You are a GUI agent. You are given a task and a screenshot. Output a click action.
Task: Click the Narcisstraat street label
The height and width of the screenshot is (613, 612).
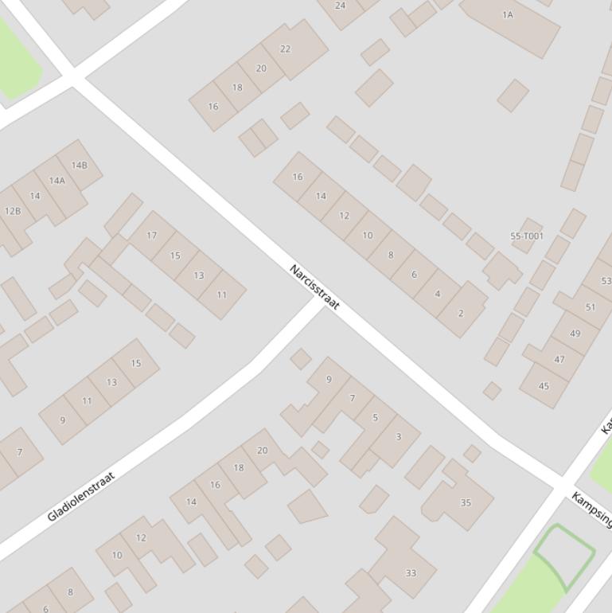[314, 287]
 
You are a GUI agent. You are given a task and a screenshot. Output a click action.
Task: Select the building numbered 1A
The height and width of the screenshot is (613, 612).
[508, 15]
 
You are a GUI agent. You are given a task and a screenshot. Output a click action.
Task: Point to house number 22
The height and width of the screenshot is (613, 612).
[285, 49]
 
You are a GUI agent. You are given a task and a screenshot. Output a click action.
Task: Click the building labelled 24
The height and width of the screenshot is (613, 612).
[341, 6]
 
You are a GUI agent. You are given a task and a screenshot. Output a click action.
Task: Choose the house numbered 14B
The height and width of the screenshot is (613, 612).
[79, 166]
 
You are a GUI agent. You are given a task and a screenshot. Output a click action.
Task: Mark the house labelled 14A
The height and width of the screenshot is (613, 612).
[57, 181]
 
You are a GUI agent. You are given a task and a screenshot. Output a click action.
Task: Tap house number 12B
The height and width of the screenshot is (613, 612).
[13, 211]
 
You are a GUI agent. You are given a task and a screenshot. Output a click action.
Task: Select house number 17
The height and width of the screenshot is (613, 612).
[151, 236]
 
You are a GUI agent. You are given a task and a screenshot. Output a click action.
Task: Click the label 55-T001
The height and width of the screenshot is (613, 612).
[527, 236]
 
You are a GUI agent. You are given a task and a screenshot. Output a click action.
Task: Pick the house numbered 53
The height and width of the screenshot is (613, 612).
[606, 281]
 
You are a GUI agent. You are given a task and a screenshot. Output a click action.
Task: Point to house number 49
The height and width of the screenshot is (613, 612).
[575, 334]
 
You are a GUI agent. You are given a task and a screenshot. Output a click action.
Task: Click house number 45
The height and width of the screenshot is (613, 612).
[544, 386]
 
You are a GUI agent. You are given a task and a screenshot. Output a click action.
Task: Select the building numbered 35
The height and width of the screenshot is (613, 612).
[466, 502]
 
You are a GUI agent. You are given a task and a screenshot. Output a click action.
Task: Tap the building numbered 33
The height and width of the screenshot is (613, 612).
[411, 572]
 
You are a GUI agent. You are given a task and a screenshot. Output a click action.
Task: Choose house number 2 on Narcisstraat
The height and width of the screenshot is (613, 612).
[460, 313]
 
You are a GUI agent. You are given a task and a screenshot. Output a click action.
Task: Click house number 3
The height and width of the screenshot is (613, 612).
[398, 436]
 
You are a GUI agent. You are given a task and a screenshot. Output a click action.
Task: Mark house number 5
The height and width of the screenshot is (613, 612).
[375, 417]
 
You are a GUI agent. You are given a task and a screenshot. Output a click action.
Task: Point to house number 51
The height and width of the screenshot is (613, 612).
[590, 307]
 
